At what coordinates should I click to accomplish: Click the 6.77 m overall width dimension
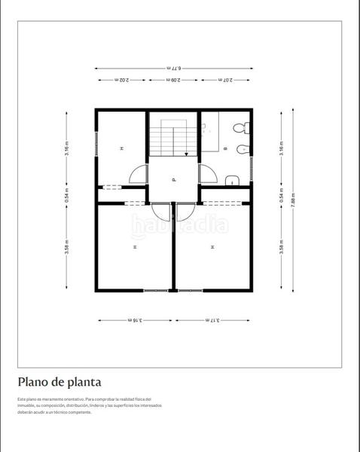(173, 68)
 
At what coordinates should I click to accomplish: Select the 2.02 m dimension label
(121, 80)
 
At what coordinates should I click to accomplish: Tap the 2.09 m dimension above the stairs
(173, 80)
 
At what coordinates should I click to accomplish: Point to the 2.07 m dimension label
(226, 80)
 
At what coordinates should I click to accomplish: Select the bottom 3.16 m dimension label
(134, 319)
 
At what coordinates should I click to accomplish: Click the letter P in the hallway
(173, 180)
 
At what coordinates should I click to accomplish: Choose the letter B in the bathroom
(225, 149)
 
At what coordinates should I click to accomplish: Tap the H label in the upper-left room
(121, 149)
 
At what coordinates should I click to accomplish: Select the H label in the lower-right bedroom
(213, 246)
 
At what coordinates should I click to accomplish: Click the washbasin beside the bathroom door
(231, 179)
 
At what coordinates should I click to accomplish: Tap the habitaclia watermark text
(179, 224)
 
